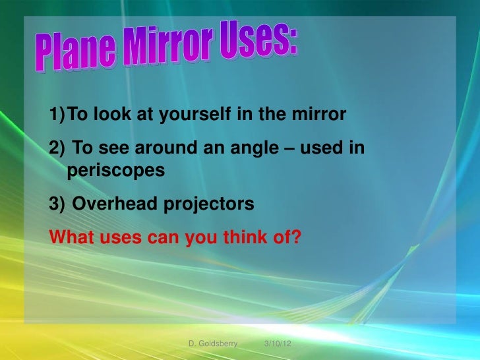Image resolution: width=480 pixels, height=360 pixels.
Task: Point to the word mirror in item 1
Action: [321, 116]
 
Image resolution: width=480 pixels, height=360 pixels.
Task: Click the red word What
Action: [71, 235]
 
